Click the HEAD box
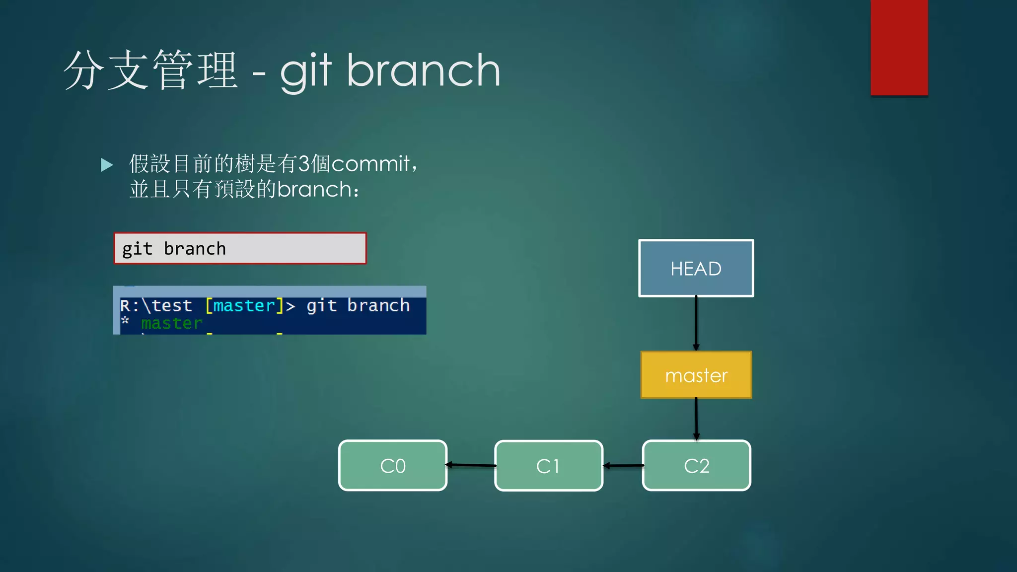[696, 268]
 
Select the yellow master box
[696, 375]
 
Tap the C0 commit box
[393, 466]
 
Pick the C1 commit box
[548, 466]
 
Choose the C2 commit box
[696, 466]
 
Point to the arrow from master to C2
[696, 419]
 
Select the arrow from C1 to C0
[471, 465]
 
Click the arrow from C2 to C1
[623, 466]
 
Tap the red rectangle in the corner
[899, 47]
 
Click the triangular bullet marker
[107, 165]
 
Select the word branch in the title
[423, 71]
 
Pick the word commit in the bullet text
[370, 164]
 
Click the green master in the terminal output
[172, 323]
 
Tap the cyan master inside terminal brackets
[244, 305]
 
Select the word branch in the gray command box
[195, 249]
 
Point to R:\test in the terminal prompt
[156, 305]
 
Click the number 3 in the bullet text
[304, 164]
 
